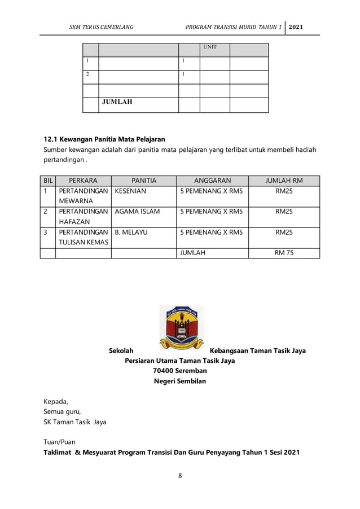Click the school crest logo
[181, 328]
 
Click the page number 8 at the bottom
[180, 476]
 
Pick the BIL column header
[47, 181]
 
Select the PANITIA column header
[143, 181]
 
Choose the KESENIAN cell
[130, 191]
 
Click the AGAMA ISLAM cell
[137, 212]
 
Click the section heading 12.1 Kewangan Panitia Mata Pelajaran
[104, 139]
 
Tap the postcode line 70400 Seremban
[180, 371]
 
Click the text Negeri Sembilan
[180, 381]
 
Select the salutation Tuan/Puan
[59, 442]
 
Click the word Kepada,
[56, 401]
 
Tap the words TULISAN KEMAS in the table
[82, 242]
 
